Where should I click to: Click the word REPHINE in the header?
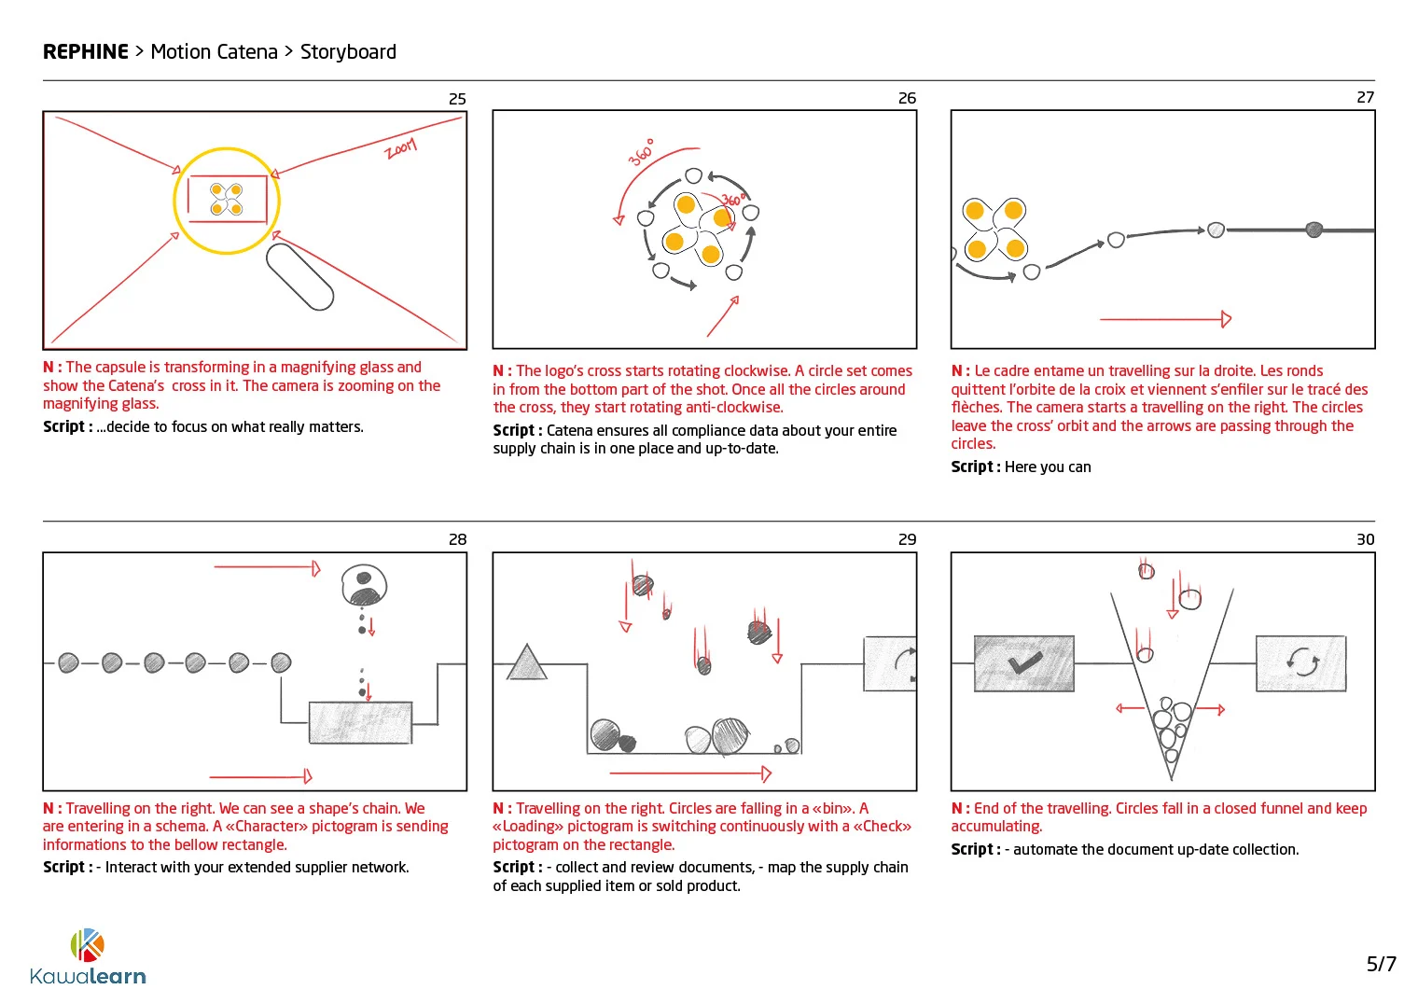[x=86, y=52]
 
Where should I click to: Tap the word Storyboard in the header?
[x=348, y=52]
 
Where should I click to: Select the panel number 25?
[x=457, y=99]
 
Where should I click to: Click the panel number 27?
[x=1365, y=98]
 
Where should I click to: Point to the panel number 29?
[x=907, y=539]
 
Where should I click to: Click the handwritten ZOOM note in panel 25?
[x=401, y=148]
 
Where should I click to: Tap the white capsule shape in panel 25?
[x=299, y=276]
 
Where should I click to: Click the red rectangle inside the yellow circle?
[x=227, y=200]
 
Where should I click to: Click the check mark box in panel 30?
[x=1023, y=663]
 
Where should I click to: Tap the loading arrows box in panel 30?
[x=1300, y=663]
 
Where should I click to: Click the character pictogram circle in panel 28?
[x=364, y=585]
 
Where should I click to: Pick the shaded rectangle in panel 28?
[x=360, y=723]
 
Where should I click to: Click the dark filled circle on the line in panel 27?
[x=1314, y=230]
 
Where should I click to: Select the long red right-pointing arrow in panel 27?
[x=1166, y=319]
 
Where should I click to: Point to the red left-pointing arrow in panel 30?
[x=1130, y=709]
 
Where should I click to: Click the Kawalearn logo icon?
[x=87, y=945]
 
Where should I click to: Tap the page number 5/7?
[x=1381, y=964]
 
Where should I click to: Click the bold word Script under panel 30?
[x=972, y=850]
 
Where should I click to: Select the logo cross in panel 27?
[x=995, y=230]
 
